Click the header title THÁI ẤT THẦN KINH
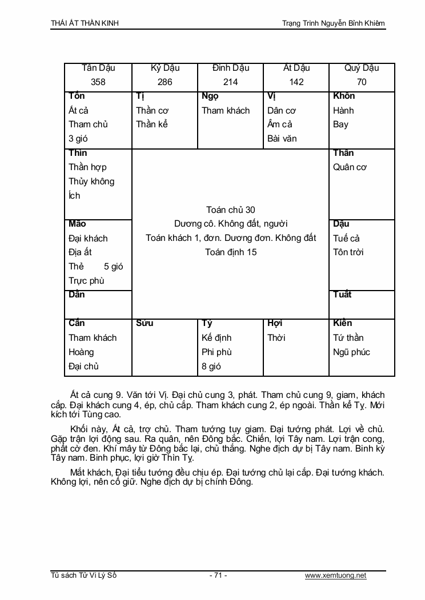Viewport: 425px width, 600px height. coord(85,23)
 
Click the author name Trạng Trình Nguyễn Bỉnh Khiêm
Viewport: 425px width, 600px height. coord(334,23)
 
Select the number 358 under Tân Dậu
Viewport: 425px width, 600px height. coord(98,82)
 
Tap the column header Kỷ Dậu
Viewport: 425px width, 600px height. coord(165,68)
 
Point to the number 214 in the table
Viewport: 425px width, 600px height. coord(231,82)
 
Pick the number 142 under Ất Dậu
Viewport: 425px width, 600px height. coord(296,82)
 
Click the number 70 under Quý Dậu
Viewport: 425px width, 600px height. coord(362,82)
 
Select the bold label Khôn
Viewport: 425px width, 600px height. coord(344,96)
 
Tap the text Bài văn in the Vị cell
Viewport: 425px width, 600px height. coord(282,138)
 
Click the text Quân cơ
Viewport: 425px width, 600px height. coord(350,167)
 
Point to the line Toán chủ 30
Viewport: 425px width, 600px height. coord(231,210)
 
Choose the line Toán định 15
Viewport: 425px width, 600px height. coord(231,252)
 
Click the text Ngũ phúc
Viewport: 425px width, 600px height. coord(352,352)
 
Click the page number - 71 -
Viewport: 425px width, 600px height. coord(218,575)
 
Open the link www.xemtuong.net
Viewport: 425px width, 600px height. coord(335,575)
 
